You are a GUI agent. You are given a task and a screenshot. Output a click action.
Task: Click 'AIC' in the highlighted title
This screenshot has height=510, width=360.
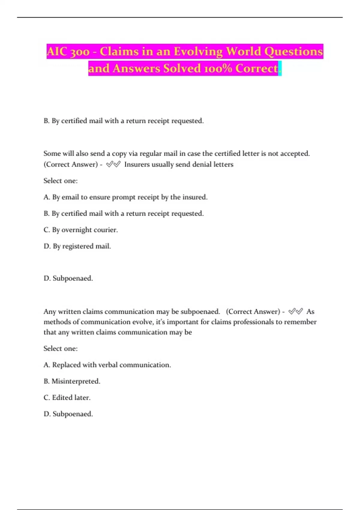[57, 52]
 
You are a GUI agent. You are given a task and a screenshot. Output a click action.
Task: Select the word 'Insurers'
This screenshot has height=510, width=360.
[137, 164]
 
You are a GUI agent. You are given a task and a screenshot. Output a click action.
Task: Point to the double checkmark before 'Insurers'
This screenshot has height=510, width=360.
[113, 164]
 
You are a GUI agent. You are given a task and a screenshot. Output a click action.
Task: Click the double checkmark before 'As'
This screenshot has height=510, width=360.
[295, 311]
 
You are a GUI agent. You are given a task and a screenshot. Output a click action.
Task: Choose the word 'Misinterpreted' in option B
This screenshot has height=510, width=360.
[75, 381]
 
